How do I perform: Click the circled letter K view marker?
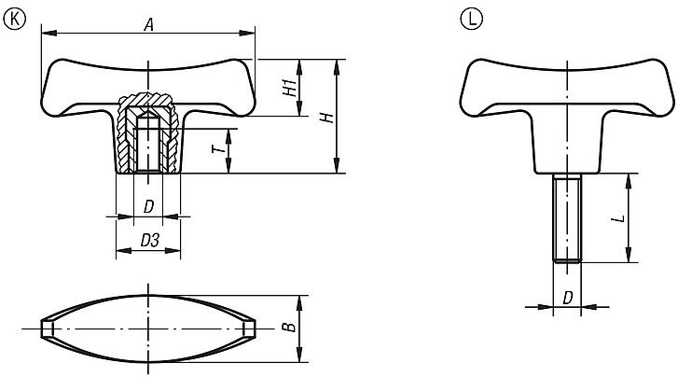click(12, 16)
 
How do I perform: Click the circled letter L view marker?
click(471, 16)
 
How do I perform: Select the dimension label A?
click(147, 25)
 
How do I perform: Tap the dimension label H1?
click(290, 88)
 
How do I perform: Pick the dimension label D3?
click(148, 241)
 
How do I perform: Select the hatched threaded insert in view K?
click(147, 135)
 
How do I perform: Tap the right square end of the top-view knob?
click(248, 329)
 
